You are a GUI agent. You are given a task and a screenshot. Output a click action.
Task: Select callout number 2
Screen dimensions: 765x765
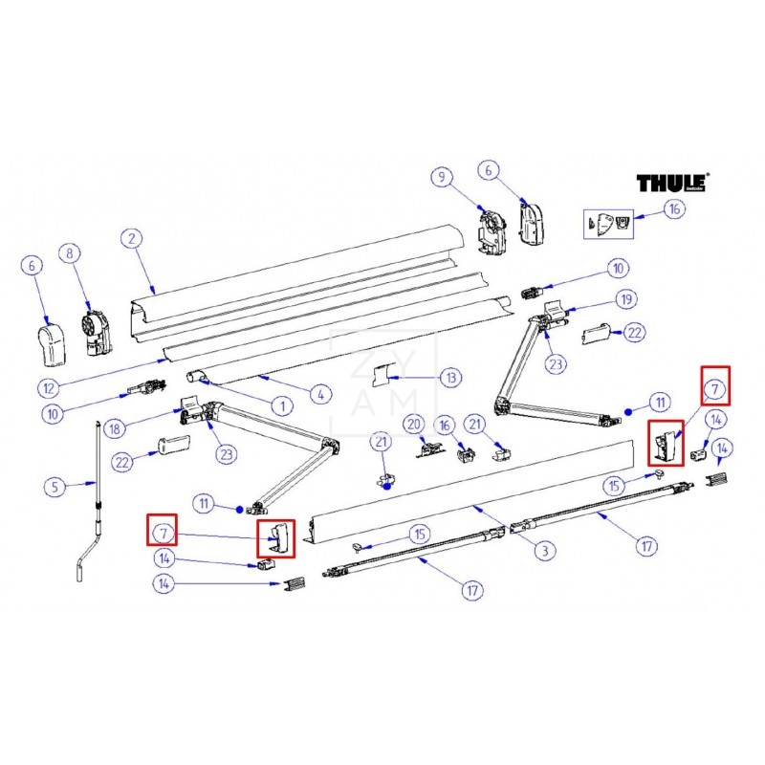pyautogui.click(x=132, y=239)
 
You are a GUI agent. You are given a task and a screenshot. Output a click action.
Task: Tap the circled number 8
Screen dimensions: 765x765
pyautogui.click(x=68, y=253)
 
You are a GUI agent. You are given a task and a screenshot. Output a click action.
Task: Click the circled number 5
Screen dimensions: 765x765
pyautogui.click(x=55, y=487)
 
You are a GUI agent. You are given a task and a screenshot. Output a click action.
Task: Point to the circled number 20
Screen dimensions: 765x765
pyautogui.click(x=413, y=423)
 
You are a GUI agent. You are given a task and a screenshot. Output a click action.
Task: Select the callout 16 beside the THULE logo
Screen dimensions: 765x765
pyautogui.click(x=674, y=209)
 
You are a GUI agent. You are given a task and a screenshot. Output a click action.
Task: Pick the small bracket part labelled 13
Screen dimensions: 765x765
pyautogui.click(x=382, y=376)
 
